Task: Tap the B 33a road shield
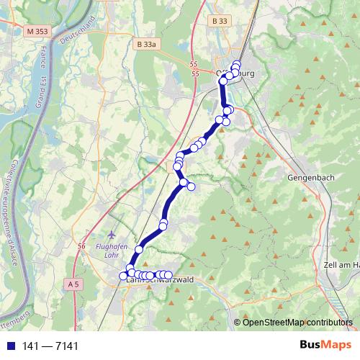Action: click(x=146, y=45)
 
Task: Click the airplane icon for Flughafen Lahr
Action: click(x=110, y=235)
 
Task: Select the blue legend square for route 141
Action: click(x=8, y=346)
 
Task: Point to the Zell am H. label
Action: click(x=342, y=266)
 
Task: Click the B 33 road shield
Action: click(x=220, y=22)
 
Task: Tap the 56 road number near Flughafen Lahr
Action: click(x=81, y=247)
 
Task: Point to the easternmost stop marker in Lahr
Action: click(x=168, y=274)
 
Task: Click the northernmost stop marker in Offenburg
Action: click(x=236, y=65)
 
